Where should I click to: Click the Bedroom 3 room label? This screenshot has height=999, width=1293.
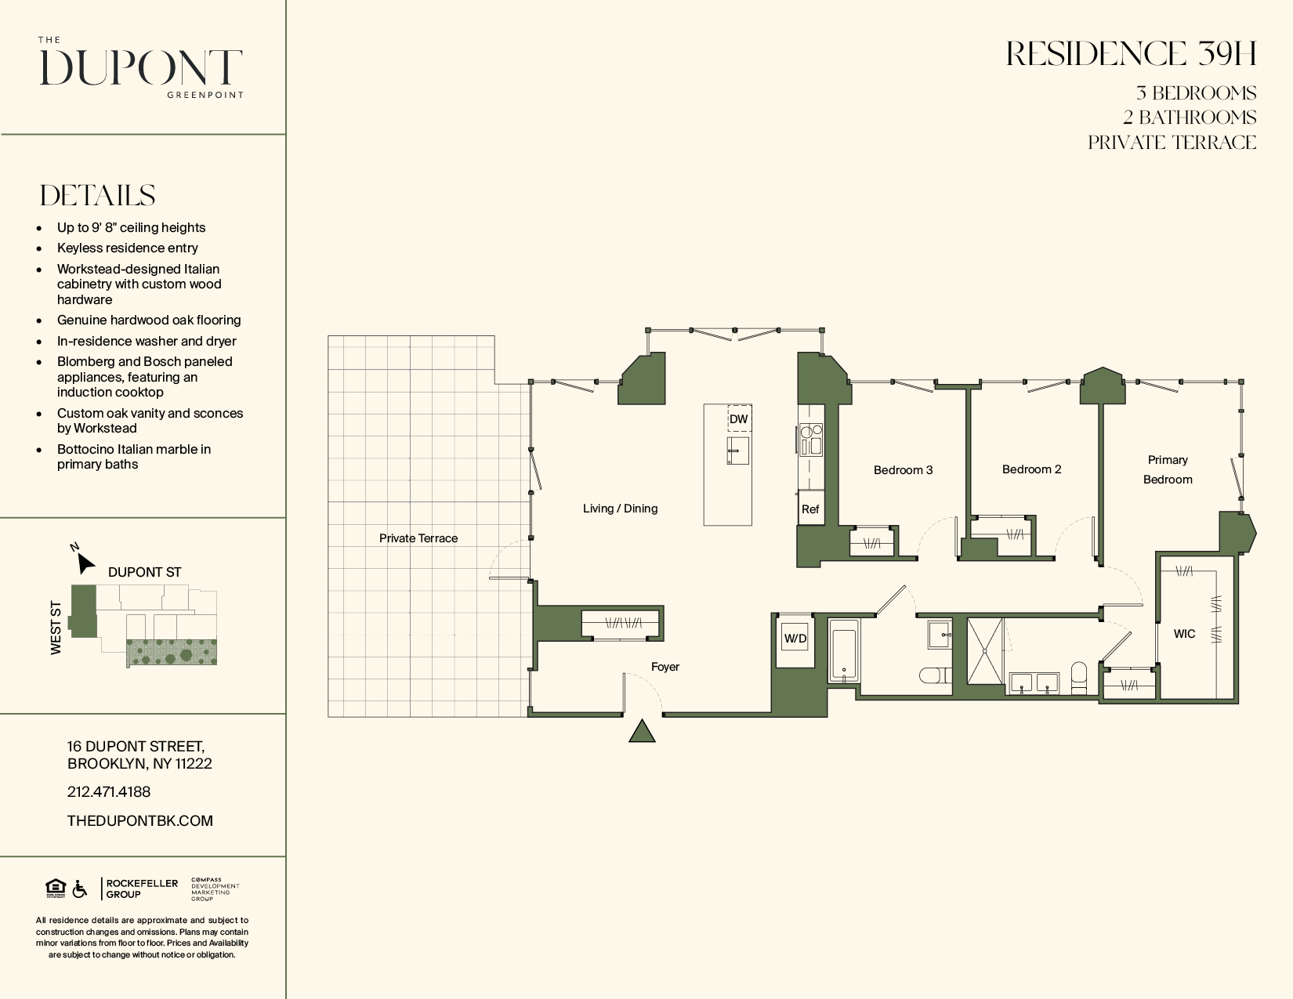click(903, 470)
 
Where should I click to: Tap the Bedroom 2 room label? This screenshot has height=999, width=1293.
click(1031, 469)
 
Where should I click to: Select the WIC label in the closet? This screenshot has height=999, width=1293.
click(1184, 634)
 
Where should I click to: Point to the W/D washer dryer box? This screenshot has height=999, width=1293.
click(795, 639)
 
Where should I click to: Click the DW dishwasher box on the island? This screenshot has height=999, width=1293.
click(739, 418)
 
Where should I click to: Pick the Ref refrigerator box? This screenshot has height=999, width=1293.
click(810, 509)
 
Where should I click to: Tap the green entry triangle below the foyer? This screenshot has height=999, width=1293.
click(642, 731)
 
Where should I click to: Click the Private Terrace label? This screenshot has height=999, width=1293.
click(418, 538)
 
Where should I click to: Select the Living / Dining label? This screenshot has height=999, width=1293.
click(620, 509)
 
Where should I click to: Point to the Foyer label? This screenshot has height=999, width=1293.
click(665, 667)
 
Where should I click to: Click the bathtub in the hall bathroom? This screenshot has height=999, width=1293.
click(844, 650)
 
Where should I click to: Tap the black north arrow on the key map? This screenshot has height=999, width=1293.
click(85, 563)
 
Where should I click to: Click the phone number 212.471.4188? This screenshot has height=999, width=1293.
click(109, 792)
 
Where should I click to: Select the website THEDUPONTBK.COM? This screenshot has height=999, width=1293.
click(139, 820)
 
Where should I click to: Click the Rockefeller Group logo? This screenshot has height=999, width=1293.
click(140, 889)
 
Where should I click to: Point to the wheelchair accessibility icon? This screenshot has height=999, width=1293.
click(79, 889)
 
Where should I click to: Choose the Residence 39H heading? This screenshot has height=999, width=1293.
click(1131, 54)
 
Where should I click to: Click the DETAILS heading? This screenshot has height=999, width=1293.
click(97, 195)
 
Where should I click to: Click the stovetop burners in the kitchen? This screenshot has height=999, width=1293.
click(811, 439)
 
